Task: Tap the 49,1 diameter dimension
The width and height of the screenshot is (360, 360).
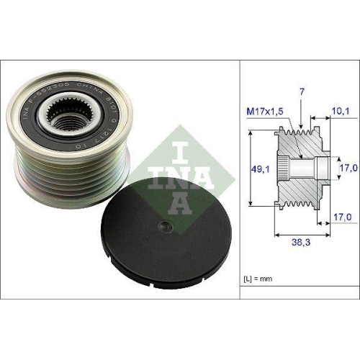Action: click(x=259, y=170)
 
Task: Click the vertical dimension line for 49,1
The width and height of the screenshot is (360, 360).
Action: click(x=248, y=169)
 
